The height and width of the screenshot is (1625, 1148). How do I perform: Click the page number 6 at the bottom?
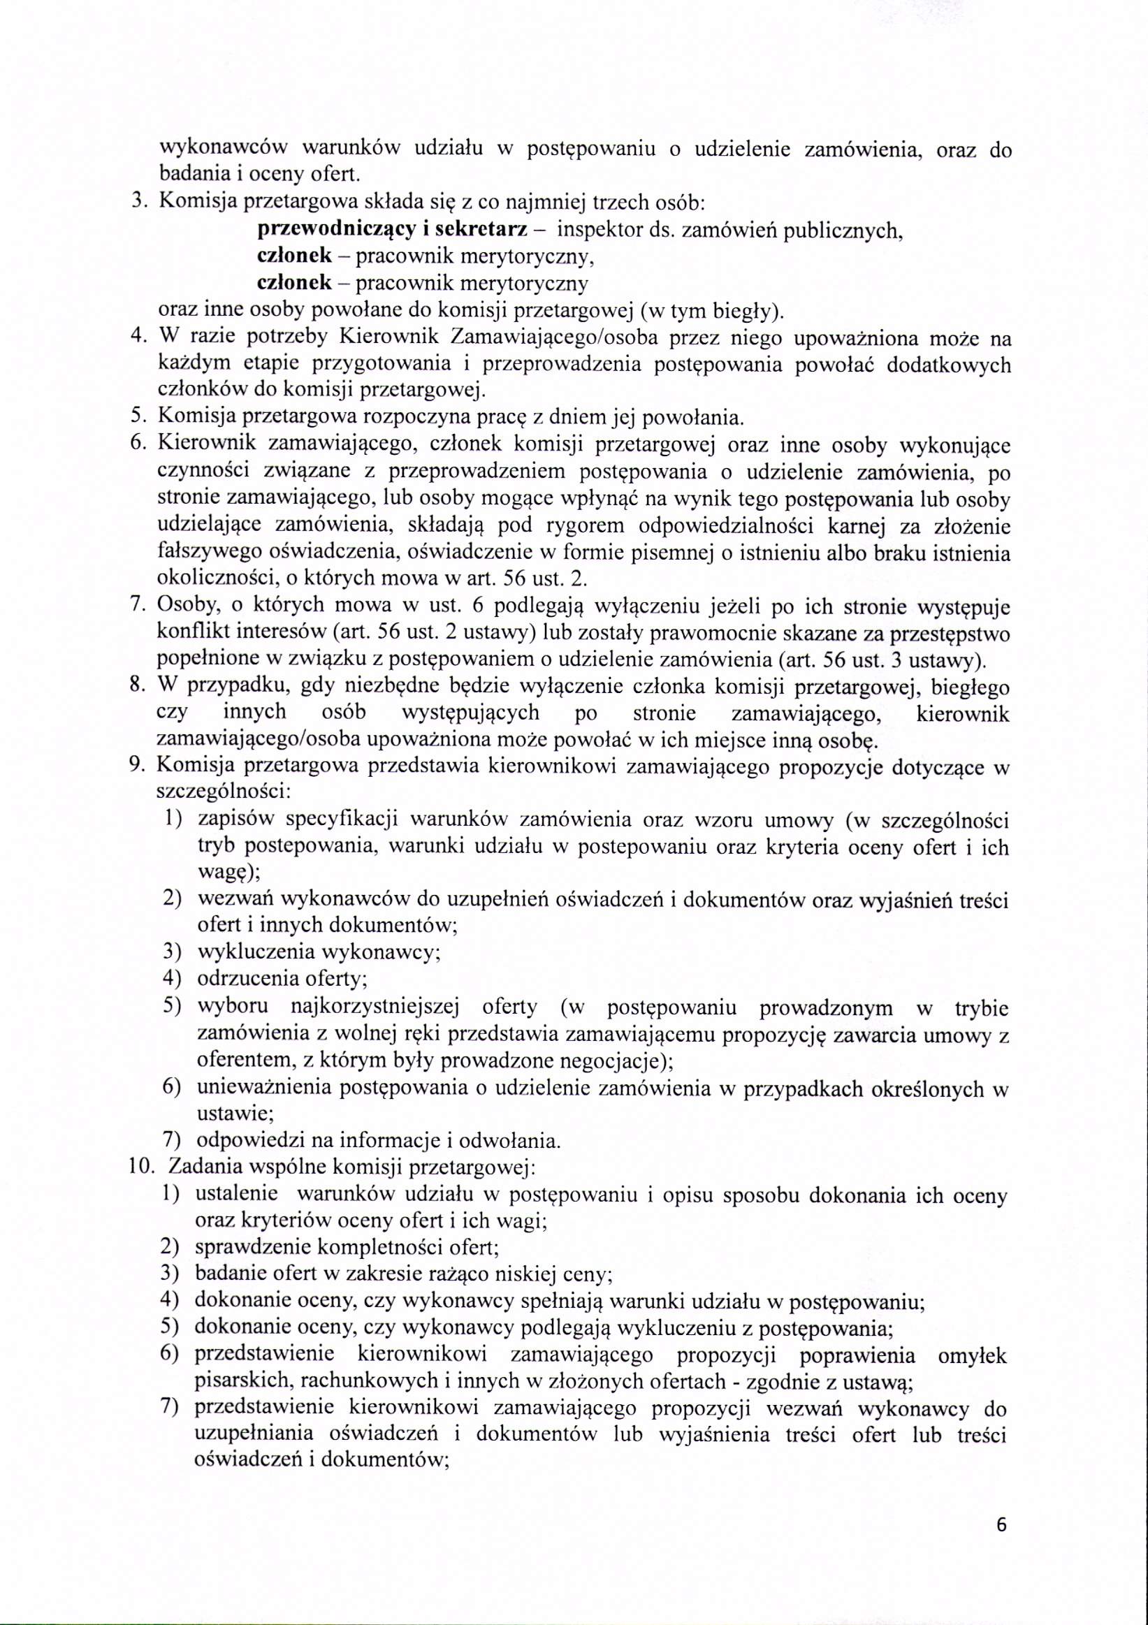(x=1000, y=1545)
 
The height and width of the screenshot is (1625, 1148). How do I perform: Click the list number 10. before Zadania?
(x=142, y=1167)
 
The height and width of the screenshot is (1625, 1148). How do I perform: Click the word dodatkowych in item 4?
(x=948, y=365)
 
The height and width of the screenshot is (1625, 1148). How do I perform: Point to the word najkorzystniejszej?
(x=375, y=1007)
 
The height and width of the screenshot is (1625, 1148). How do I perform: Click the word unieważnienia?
(x=263, y=1088)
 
